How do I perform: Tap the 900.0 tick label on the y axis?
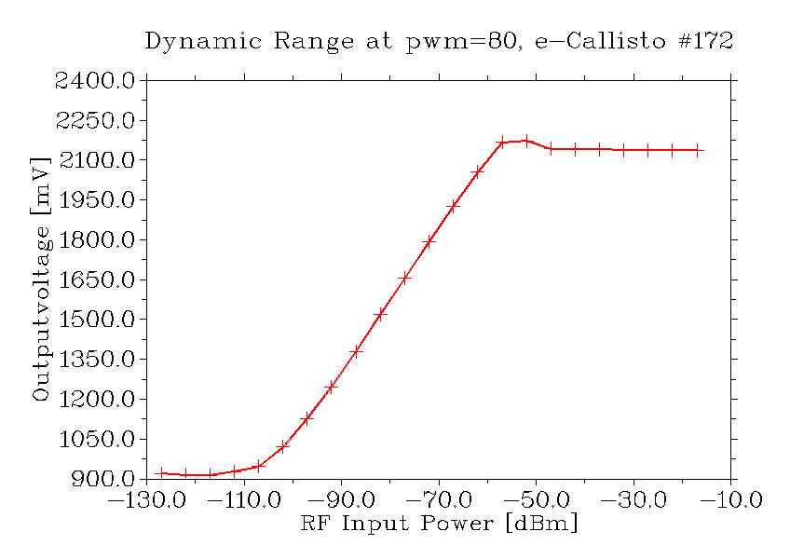(102, 479)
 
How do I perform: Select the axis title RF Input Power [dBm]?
(439, 524)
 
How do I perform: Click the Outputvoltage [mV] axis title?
(40, 279)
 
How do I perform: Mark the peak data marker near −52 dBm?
(526, 141)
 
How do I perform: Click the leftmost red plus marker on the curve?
(161, 473)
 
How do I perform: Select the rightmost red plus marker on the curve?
(696, 150)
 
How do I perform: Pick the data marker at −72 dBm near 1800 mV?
(429, 241)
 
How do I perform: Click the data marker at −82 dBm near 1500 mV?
(380, 315)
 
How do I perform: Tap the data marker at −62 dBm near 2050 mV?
(477, 172)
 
